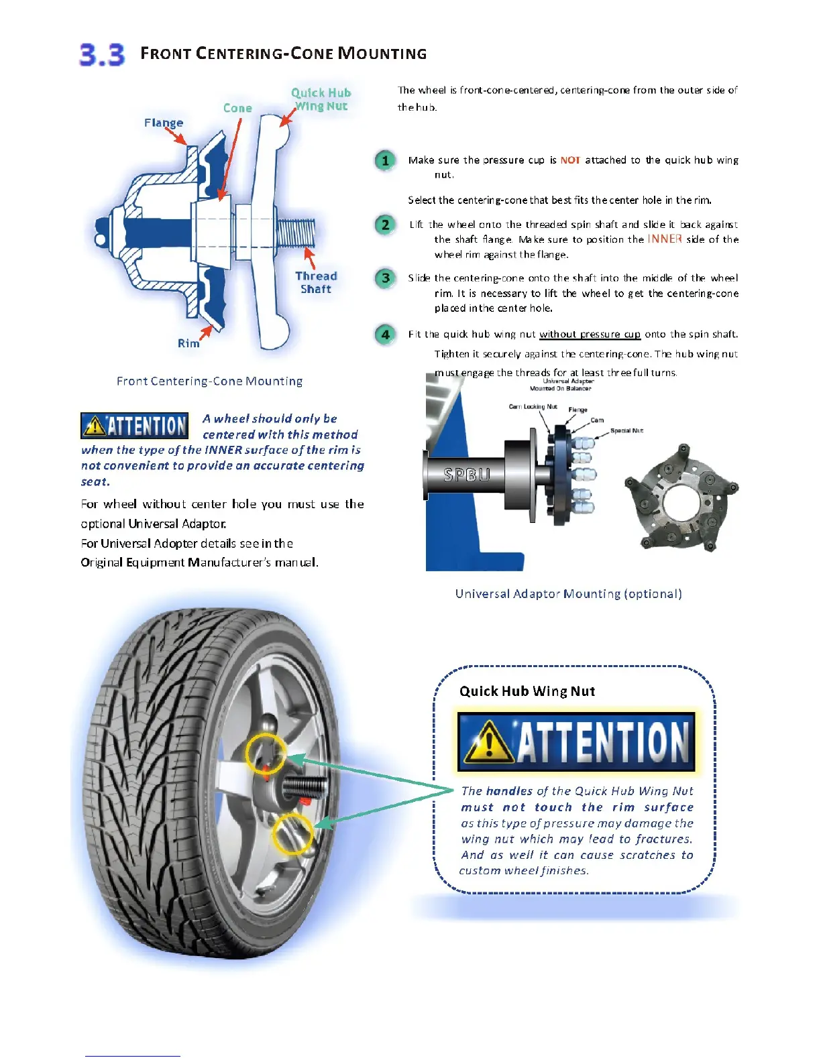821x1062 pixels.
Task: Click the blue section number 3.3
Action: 102,54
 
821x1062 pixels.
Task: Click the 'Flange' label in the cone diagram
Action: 163,123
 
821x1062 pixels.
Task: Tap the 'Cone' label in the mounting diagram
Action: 237,108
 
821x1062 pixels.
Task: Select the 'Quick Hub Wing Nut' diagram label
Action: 321,99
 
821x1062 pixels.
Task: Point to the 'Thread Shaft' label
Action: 316,282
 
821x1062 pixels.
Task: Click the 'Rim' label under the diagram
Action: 188,343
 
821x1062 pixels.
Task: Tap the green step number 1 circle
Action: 385,160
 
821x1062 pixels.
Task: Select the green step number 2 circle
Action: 385,225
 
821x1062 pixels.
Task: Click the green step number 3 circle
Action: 385,278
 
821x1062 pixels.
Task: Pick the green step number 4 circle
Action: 385,334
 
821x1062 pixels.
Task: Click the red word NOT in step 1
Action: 570,160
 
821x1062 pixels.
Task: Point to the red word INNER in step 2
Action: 664,239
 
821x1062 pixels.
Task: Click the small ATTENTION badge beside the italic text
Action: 134,426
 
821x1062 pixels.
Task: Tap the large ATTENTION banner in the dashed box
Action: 576,742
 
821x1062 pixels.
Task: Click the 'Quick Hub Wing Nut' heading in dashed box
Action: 527,691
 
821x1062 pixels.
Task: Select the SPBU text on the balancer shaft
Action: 467,475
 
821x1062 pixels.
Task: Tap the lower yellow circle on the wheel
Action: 292,834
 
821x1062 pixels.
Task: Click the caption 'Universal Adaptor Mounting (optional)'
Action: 568,594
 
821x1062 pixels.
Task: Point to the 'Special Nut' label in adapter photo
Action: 626,430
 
